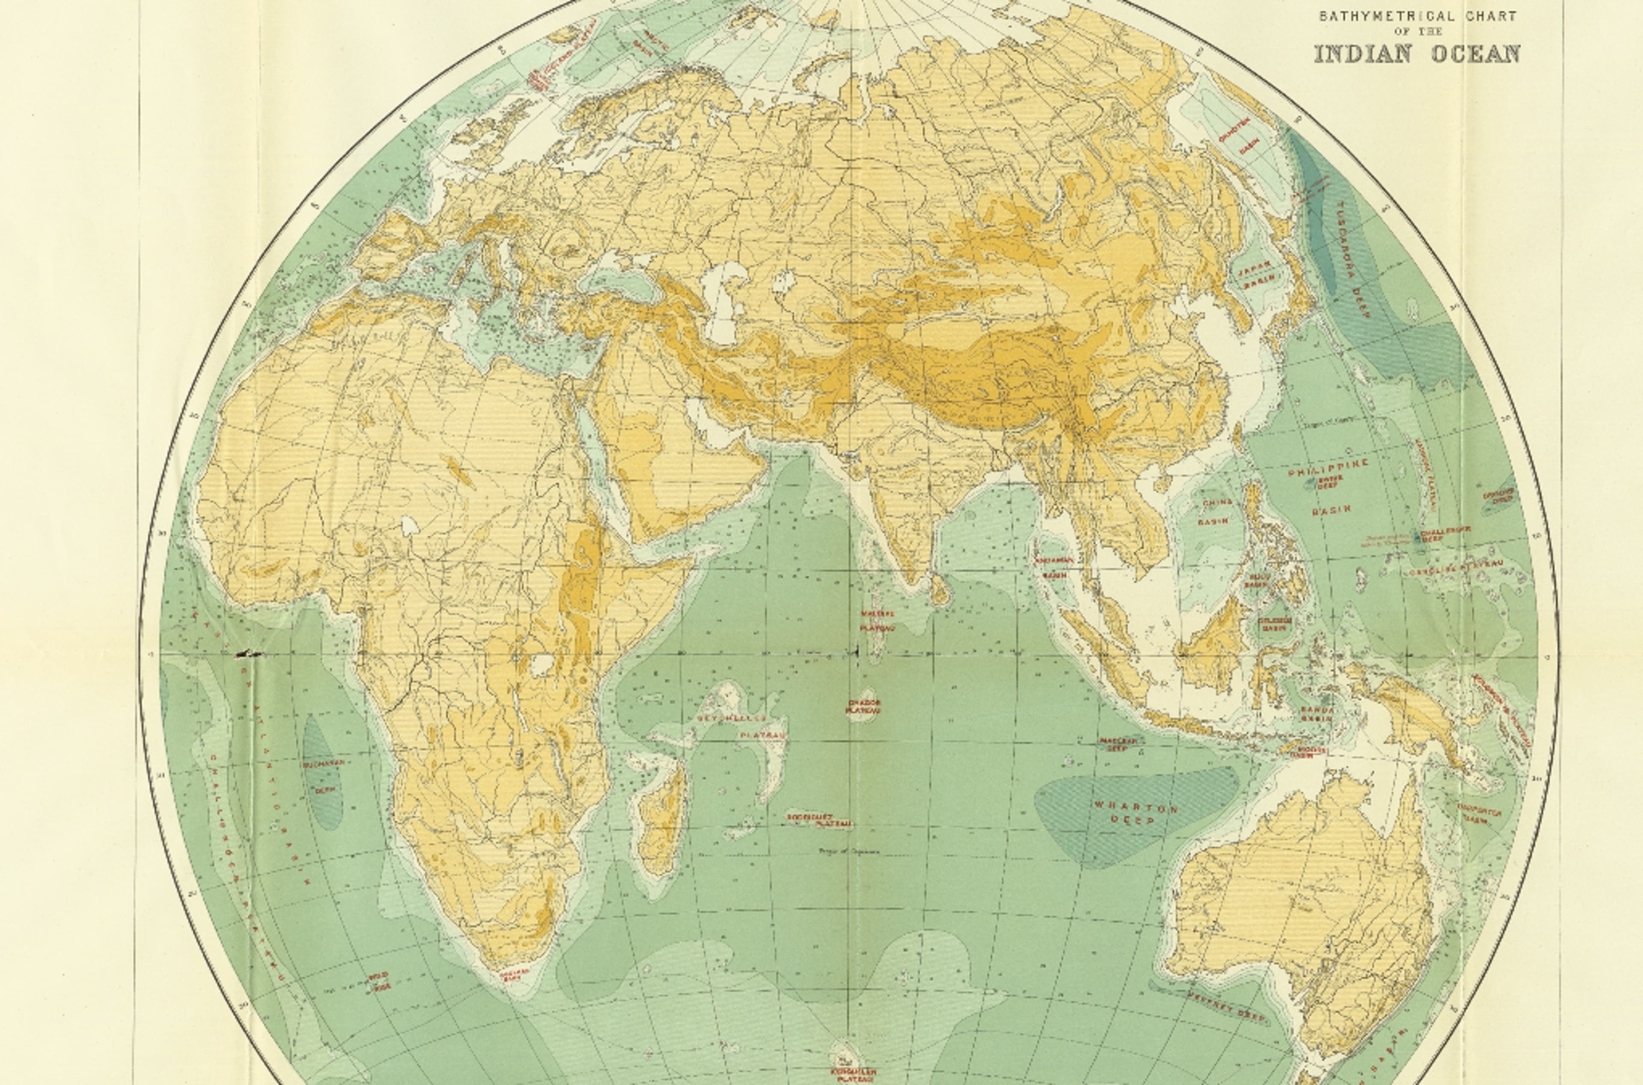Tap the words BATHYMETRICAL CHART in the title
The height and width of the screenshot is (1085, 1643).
[1418, 16]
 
